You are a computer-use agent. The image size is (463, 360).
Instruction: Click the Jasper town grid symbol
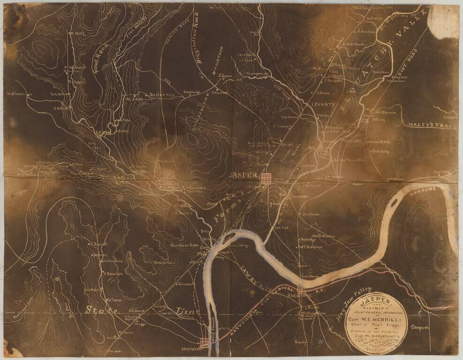point(266,178)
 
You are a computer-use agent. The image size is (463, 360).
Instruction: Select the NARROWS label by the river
point(424,190)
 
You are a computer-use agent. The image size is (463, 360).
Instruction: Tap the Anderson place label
point(162,95)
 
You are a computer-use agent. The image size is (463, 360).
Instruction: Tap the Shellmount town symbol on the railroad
point(301,290)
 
